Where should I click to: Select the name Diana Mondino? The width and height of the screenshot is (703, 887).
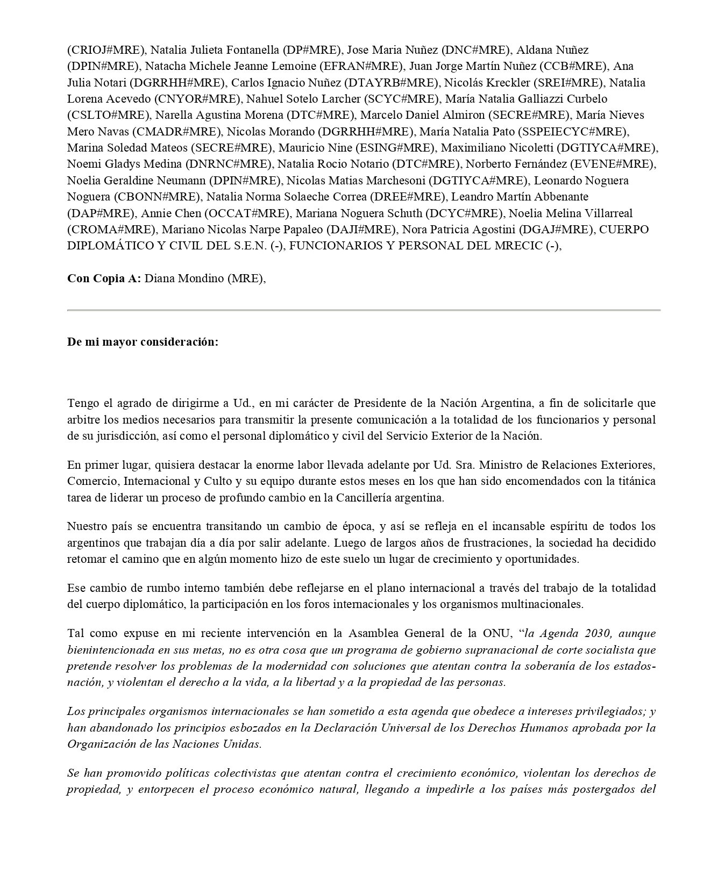183,279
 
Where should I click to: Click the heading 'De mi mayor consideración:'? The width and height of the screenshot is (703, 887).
143,342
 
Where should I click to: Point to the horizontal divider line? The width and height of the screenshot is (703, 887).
364,310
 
